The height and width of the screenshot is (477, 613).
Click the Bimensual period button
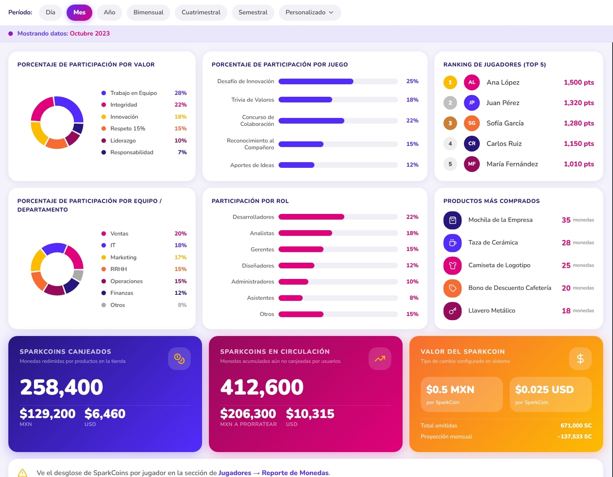point(148,12)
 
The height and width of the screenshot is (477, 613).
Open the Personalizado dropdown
point(310,12)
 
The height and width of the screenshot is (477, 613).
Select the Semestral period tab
point(253,12)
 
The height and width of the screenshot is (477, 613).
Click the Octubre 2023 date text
point(90,34)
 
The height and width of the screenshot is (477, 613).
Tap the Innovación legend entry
point(124,117)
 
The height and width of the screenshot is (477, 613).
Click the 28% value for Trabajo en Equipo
point(180,93)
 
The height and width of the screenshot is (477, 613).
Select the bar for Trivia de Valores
point(305,100)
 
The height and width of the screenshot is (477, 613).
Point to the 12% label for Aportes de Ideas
point(412,165)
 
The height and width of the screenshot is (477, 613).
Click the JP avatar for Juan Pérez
point(471,103)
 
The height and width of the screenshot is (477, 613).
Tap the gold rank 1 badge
point(450,82)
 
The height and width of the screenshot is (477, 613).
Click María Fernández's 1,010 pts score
point(579,164)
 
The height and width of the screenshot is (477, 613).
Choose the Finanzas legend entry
point(121,293)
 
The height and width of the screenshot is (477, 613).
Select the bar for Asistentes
point(291,298)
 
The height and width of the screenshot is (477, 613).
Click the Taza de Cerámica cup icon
point(453,243)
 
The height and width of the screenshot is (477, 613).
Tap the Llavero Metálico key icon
point(453,311)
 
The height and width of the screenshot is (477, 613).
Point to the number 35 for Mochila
point(566,220)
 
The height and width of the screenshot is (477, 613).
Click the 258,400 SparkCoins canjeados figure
point(62,387)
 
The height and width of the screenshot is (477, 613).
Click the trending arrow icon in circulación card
point(380,359)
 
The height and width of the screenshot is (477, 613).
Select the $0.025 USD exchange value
point(544,389)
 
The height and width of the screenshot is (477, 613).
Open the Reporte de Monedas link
point(295,472)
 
